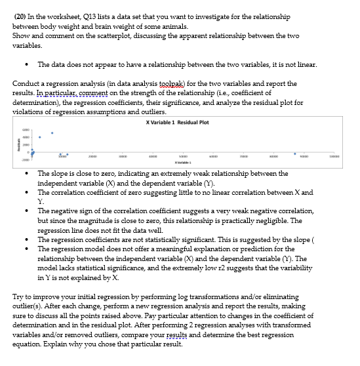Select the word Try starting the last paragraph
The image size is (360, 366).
pos(18,297)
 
